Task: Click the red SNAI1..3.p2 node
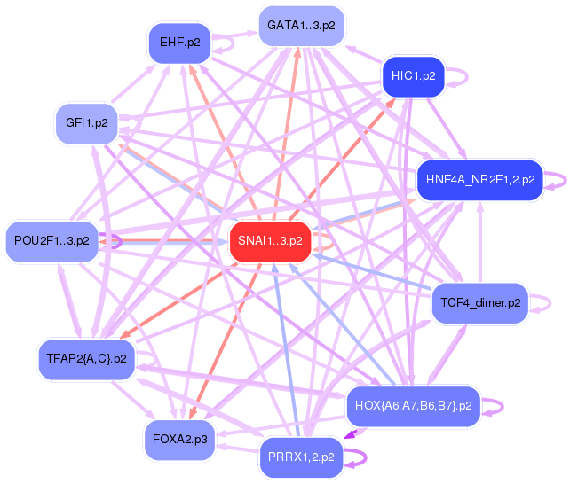[x=270, y=241]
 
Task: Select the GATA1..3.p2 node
[x=301, y=26]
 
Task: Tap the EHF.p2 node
[x=180, y=43]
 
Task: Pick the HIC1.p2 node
[x=414, y=76]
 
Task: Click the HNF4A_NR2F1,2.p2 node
[x=479, y=180]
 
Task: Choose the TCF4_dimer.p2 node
[x=480, y=303]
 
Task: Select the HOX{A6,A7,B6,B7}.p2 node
[x=414, y=406]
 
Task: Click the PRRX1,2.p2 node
[x=301, y=457]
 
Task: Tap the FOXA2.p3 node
[x=180, y=440]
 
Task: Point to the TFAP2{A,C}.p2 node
[x=86, y=359]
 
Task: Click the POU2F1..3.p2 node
[x=51, y=241]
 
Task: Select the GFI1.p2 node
[x=86, y=123]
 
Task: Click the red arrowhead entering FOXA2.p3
[x=193, y=414]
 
